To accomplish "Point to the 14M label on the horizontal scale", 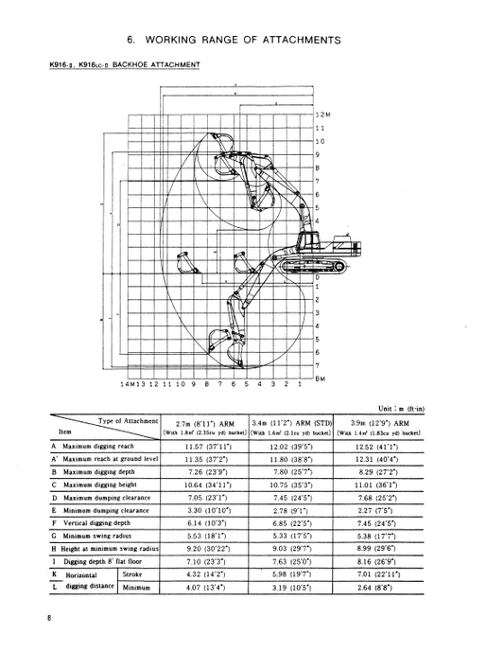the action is [x=126, y=385].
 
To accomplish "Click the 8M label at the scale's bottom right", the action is [x=320, y=379].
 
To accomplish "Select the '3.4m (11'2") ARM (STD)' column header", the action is [x=290, y=423].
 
